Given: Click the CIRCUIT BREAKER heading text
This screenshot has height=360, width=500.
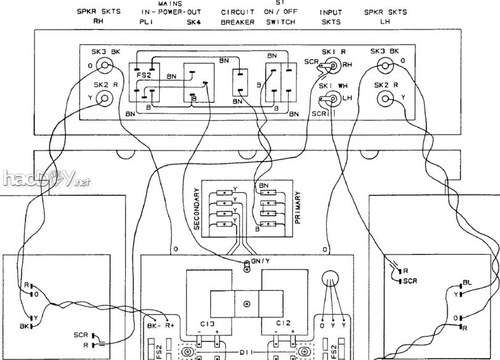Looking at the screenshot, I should [237, 17].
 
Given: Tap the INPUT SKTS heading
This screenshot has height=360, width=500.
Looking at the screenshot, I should [330, 17].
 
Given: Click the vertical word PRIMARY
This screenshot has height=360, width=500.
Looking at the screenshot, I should [298, 210].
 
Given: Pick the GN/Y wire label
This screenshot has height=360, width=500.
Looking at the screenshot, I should [261, 261].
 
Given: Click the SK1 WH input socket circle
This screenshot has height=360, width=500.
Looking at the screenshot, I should [332, 97].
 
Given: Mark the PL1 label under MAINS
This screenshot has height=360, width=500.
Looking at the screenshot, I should [146, 22].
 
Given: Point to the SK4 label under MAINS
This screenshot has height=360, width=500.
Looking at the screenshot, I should [194, 22].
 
